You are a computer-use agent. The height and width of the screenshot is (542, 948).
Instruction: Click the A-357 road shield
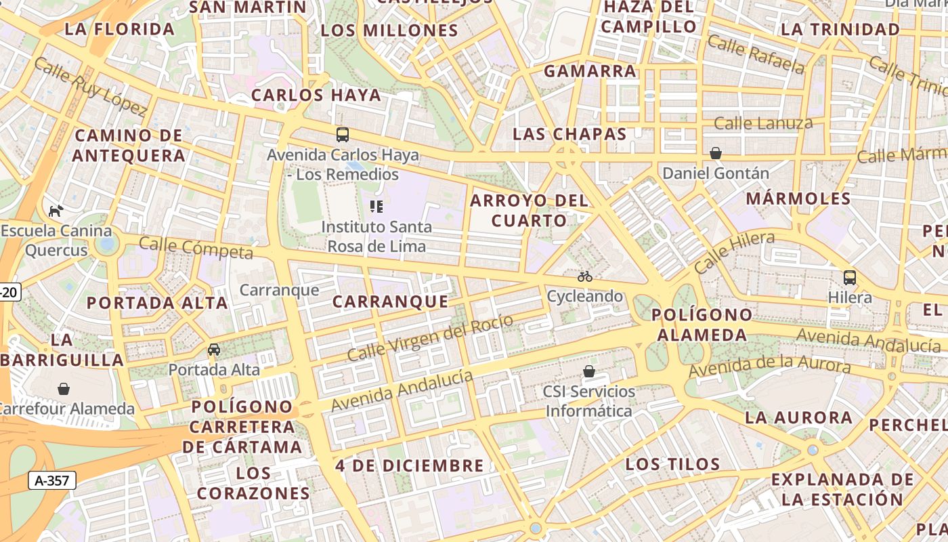click(x=52, y=480)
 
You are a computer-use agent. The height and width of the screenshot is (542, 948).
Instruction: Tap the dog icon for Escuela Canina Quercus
click(x=56, y=211)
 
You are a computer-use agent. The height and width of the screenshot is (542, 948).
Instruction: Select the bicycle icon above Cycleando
click(x=585, y=276)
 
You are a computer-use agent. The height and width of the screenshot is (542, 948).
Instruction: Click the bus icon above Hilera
click(x=849, y=277)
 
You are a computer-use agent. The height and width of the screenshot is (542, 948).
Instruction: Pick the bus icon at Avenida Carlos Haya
click(x=343, y=134)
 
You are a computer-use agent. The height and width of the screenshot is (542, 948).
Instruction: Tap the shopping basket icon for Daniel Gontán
click(x=716, y=153)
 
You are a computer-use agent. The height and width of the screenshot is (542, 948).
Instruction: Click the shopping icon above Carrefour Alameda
click(x=64, y=389)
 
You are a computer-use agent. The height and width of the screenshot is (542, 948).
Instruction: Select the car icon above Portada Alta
click(x=214, y=350)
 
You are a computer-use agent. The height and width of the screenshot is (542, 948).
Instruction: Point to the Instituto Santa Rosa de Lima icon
click(x=376, y=207)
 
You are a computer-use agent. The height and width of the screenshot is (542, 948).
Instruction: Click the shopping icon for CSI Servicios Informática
click(x=589, y=371)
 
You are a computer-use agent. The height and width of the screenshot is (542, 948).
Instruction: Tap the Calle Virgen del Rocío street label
click(x=430, y=337)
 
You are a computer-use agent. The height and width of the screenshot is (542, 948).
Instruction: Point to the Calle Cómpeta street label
click(x=196, y=248)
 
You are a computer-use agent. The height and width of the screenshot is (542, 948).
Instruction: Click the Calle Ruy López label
click(x=89, y=86)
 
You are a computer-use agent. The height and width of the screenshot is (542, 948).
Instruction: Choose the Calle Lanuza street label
click(x=763, y=123)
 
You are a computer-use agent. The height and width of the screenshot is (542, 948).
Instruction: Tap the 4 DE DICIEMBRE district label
click(x=410, y=466)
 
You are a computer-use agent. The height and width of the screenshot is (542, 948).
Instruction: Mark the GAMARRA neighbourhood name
click(x=590, y=71)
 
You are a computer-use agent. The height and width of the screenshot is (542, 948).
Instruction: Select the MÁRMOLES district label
click(x=798, y=199)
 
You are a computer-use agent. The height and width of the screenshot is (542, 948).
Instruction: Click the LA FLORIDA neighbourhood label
click(x=120, y=29)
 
